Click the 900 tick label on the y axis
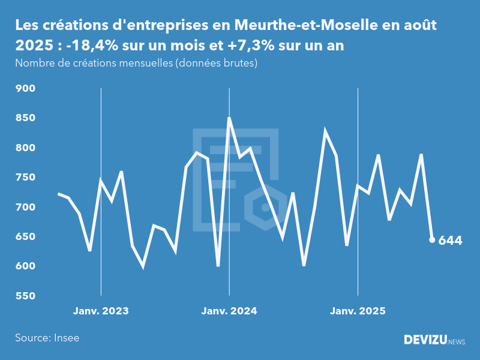coord(26,89)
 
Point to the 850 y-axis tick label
coord(26,118)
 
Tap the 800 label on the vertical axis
coord(26,148)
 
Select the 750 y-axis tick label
coord(26,178)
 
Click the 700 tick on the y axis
coord(26,207)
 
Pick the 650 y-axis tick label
coord(26,236)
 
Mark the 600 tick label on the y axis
coord(26,266)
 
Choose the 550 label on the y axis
coord(26,296)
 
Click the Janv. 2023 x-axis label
coord(101,311)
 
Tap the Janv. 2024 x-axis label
coord(229,311)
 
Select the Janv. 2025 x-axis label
coord(358,311)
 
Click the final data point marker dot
coord(432,240)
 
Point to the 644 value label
coord(451,241)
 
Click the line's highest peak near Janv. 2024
coord(229,118)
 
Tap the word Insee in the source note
coord(66,338)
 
